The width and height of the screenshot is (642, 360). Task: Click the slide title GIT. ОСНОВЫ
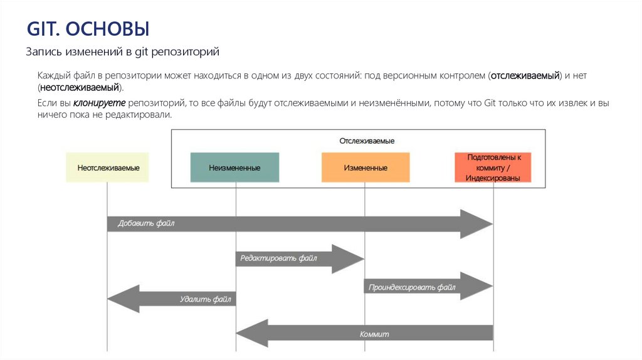pyautogui.click(x=88, y=29)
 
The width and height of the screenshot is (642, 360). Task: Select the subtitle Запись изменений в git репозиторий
pyautogui.click(x=122, y=52)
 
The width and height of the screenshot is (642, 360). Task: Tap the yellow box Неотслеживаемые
pyautogui.click(x=108, y=168)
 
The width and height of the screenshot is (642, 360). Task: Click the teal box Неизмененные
pyautogui.click(x=235, y=168)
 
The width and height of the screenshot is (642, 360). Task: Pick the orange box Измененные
pyautogui.click(x=365, y=168)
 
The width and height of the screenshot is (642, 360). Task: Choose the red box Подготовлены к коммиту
pyautogui.click(x=493, y=167)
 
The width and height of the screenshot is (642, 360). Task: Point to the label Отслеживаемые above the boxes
pyautogui.click(x=367, y=141)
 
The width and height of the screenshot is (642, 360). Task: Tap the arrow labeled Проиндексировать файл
pyautogui.click(x=414, y=287)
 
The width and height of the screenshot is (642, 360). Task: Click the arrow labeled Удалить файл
pyautogui.click(x=182, y=299)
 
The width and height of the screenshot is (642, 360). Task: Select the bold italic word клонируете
pyautogui.click(x=99, y=103)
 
